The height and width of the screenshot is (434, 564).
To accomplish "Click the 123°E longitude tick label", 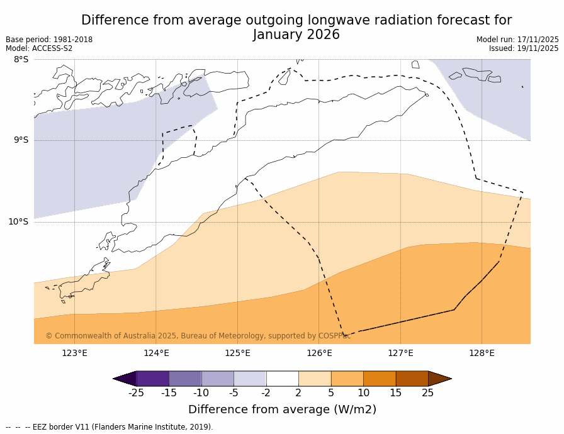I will (x=74, y=353).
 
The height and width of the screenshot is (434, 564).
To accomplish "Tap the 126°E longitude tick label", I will (x=319, y=353).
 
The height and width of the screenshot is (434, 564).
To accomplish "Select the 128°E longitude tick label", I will (x=482, y=353).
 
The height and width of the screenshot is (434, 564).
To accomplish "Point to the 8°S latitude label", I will (x=21, y=60).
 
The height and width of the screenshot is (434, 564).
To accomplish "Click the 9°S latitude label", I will (x=21, y=140).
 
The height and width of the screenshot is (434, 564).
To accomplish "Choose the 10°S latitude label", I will (x=18, y=221).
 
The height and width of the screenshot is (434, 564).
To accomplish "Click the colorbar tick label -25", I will (x=136, y=393).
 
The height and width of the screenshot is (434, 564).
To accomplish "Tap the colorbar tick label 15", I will (x=395, y=393).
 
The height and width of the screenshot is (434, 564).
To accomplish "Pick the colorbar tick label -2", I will (x=266, y=393).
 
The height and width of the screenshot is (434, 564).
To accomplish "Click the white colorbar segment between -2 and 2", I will (x=282, y=379).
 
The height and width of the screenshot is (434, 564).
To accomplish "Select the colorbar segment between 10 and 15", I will (x=380, y=379).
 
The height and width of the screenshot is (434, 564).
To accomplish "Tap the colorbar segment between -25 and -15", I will (x=152, y=379).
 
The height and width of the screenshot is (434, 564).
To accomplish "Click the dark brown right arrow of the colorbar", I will (x=439, y=379).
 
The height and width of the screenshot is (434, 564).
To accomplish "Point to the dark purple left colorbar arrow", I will (x=125, y=379).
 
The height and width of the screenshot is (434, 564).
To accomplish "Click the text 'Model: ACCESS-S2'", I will (x=39, y=48).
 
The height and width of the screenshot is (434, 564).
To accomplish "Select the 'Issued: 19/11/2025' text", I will (x=524, y=48).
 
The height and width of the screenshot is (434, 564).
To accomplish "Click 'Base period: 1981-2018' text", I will (x=49, y=40).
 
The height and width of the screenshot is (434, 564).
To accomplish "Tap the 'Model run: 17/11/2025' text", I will (x=517, y=40).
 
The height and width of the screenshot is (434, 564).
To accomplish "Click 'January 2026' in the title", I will (x=296, y=35).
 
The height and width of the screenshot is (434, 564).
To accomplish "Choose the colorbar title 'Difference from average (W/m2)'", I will (x=282, y=409).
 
